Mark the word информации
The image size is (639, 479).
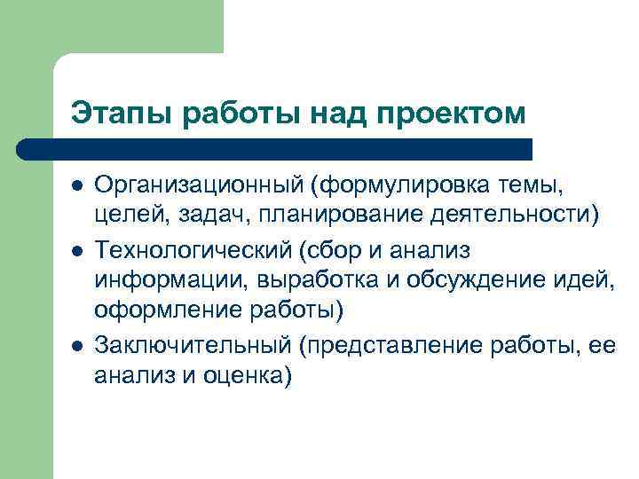point(172,281)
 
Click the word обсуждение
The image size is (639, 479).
point(479,281)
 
